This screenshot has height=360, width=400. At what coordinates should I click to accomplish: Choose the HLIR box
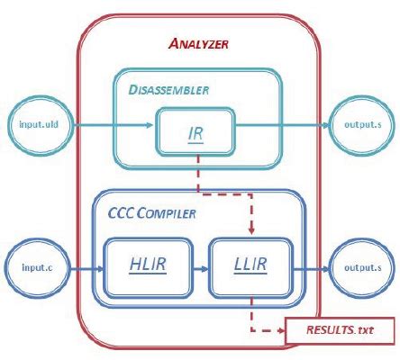(148, 267)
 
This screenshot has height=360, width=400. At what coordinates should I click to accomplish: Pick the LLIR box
(249, 267)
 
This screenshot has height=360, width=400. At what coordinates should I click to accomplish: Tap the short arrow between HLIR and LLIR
(200, 267)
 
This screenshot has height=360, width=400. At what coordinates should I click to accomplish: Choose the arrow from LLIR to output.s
(308, 267)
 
